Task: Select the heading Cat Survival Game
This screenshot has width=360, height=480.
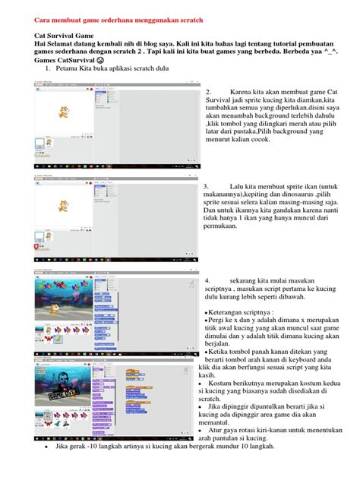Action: click(57, 35)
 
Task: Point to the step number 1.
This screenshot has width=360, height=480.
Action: click(47, 70)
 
